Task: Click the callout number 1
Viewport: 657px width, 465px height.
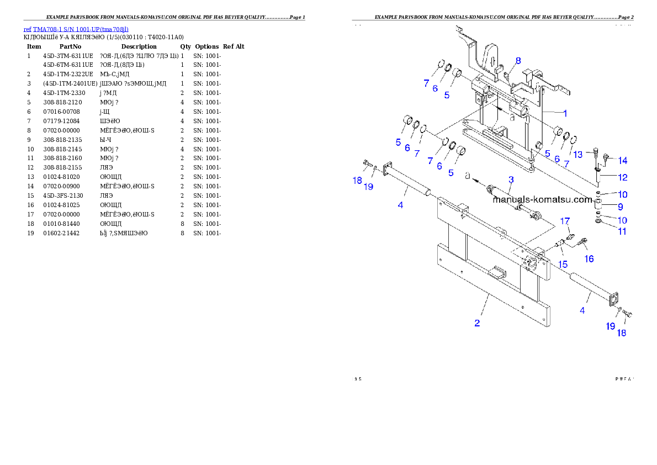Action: coord(564,113)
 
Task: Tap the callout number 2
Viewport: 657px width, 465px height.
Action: coord(478,323)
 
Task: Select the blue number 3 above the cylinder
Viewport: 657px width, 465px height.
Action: coord(511,179)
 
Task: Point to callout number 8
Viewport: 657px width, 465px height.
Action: coord(518,60)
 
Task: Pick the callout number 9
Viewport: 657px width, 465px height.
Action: coord(621,207)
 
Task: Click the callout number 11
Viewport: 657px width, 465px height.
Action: coord(622,231)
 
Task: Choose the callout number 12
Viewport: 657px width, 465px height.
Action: coord(622,177)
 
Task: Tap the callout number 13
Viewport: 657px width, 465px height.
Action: coord(577,155)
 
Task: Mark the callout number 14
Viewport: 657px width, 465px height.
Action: coord(622,161)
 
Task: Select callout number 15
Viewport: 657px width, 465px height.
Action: coord(563,264)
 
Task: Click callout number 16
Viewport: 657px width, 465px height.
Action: coord(589,258)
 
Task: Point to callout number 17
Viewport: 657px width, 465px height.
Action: coord(565,221)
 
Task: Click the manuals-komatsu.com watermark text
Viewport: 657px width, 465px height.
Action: coord(542,199)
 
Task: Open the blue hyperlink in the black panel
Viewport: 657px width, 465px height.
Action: coord(76,29)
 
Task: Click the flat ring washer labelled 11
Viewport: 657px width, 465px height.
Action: coord(598,221)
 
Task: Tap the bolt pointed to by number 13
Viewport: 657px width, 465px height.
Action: coord(597,152)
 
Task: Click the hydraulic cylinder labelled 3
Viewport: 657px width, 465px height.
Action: coord(504,197)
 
